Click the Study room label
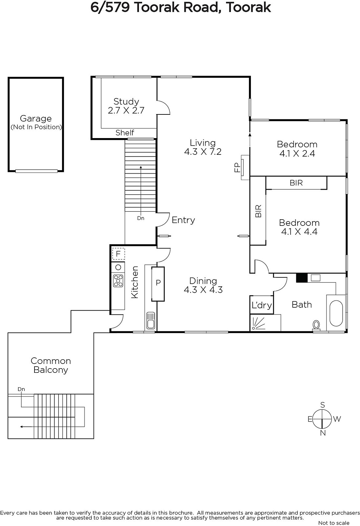pyautogui.click(x=126, y=102)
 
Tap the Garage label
pyautogui.click(x=36, y=119)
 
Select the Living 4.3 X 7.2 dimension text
pyautogui.click(x=203, y=152)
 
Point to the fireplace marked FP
pyautogui.click(x=245, y=167)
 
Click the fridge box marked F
pyautogui.click(x=118, y=253)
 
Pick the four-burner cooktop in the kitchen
pyautogui.click(x=118, y=281)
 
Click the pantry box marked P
pyautogui.click(x=158, y=284)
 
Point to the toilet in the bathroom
pyautogui.click(x=316, y=325)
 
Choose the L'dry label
pyautogui.click(x=262, y=305)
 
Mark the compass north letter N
pyautogui.click(x=323, y=433)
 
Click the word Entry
pyautogui.click(x=183, y=220)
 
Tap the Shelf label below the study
pyautogui.click(x=124, y=133)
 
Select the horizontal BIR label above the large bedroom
pyautogui.click(x=296, y=183)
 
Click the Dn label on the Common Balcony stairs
pyautogui.click(x=21, y=389)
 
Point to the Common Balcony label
pyautogui.click(x=51, y=365)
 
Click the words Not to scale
pyautogui.click(x=334, y=523)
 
